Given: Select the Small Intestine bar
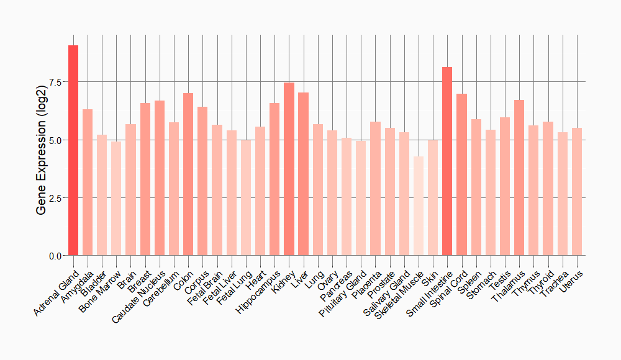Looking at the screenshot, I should pyautogui.click(x=447, y=161).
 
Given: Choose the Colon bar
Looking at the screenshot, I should pyautogui.click(x=188, y=174).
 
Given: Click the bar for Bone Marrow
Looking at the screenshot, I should pyautogui.click(x=116, y=199).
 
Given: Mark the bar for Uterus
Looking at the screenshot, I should pyautogui.click(x=577, y=192).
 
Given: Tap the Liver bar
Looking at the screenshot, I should pyautogui.click(x=303, y=174).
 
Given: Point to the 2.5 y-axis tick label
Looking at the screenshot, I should pyautogui.click(x=54, y=198).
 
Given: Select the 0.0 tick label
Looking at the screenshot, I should pyautogui.click(x=54, y=256).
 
